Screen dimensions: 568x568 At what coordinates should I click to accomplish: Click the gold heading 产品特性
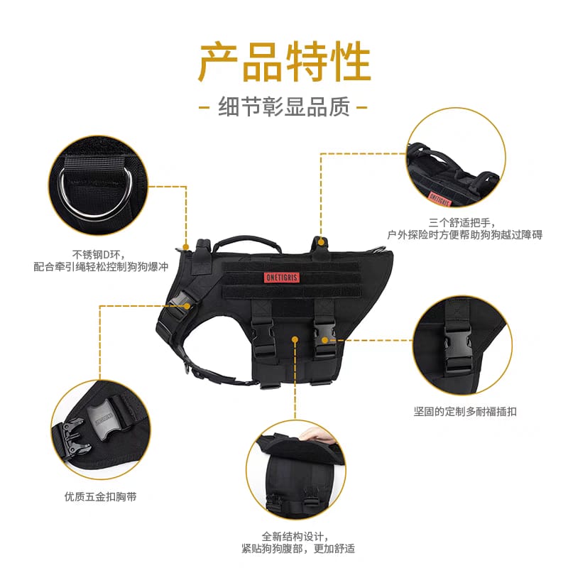click(285, 62)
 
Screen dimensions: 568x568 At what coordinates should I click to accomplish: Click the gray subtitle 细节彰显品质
click(284, 107)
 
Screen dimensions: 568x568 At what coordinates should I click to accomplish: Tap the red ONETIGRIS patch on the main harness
click(281, 278)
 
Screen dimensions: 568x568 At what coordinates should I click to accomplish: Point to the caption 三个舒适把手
click(462, 222)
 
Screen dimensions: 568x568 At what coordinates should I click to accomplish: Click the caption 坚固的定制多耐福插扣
click(465, 412)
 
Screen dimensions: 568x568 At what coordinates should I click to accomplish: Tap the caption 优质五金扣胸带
click(100, 496)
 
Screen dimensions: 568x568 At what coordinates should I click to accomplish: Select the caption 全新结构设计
click(295, 536)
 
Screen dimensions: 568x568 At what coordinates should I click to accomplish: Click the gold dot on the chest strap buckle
click(187, 306)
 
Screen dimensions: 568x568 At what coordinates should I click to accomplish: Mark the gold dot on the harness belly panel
click(295, 339)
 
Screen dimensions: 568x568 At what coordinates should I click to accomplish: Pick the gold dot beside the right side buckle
click(325, 340)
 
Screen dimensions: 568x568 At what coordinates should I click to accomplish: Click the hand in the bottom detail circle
click(316, 434)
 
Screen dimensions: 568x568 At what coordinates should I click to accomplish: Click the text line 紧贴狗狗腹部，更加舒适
click(298, 548)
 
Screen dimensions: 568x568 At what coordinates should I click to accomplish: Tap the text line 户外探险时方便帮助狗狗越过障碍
click(465, 235)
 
